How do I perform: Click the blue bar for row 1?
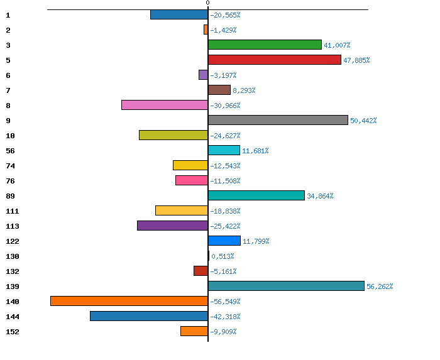[x=179, y=14]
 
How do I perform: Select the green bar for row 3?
[x=265, y=45]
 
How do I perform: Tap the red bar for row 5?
[x=275, y=60]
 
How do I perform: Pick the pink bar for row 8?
[x=165, y=105]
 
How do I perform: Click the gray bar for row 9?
[x=278, y=120]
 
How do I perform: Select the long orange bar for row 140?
[x=129, y=301]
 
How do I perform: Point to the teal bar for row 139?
[x=286, y=286]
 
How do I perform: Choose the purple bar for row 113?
[x=172, y=226]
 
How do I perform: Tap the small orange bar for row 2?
[x=206, y=30]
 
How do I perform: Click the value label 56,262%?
[x=380, y=286]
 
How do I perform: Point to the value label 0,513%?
[x=223, y=256]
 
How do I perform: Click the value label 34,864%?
[x=320, y=196]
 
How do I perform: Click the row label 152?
[x=13, y=332]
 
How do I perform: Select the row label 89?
[x=10, y=196]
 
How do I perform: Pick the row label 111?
[x=13, y=211]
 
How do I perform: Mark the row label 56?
[x=10, y=151]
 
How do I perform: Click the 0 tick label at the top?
[x=207, y=3]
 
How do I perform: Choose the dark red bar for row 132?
[x=201, y=271]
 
